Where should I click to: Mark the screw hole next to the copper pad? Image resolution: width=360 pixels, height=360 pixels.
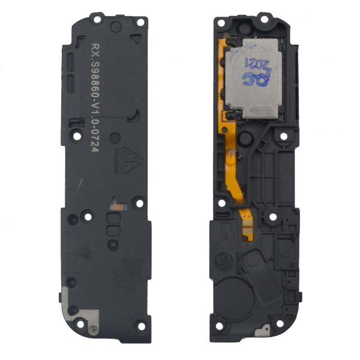[x=139, y=204]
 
